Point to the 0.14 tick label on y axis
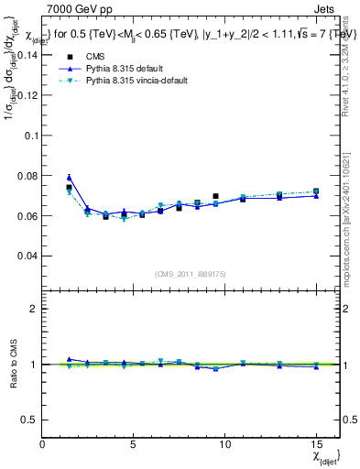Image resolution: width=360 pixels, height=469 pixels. click(25, 55)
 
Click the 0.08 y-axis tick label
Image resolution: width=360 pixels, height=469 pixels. click(25, 176)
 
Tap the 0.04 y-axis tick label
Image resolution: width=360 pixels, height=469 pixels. click(25, 256)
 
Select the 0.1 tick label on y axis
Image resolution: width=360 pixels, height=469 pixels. click(29, 136)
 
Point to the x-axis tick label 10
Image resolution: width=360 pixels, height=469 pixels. click(224, 443)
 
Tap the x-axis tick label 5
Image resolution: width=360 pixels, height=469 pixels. click(134, 443)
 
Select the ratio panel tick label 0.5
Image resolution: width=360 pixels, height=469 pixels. click(27, 420)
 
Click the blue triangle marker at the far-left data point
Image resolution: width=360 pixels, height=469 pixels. click(69, 178)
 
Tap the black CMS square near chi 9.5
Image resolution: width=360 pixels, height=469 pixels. click(215, 196)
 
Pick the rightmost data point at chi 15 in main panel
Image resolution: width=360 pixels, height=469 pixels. click(316, 191)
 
